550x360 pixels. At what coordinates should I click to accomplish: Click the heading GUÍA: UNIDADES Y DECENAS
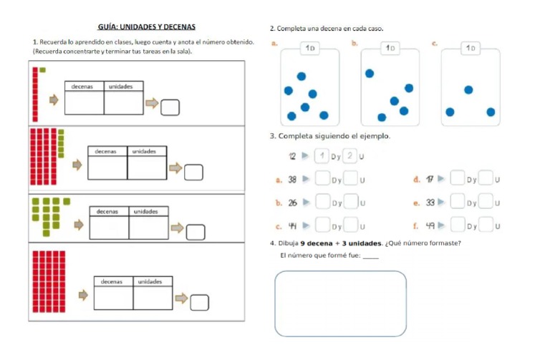click(x=146, y=26)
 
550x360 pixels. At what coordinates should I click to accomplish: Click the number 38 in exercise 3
click(x=292, y=180)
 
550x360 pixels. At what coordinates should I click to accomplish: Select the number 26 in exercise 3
click(x=292, y=203)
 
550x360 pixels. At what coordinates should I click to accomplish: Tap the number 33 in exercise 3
click(x=430, y=203)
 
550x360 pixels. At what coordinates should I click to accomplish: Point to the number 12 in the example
click(x=292, y=157)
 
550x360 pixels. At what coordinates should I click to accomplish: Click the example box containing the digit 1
click(x=323, y=156)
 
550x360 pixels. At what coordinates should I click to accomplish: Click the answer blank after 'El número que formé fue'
click(x=370, y=256)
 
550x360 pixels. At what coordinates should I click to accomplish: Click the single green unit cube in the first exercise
click(x=43, y=69)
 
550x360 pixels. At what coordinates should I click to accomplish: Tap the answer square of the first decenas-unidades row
click(x=169, y=107)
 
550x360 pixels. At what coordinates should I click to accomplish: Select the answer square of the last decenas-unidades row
click(x=200, y=303)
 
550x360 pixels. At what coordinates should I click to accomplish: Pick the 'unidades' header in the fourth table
click(x=150, y=281)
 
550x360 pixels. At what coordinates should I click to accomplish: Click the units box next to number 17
click(x=485, y=180)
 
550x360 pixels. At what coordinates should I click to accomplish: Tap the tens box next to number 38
click(x=322, y=180)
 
